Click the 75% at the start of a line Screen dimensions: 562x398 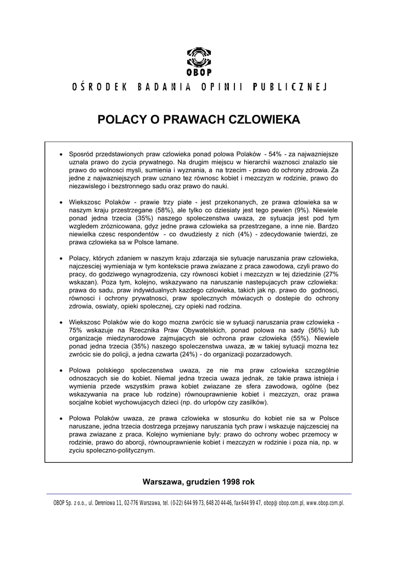coord(75,330)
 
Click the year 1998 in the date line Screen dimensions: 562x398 coord(231,481)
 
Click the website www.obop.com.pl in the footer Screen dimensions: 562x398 coord(325,502)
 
